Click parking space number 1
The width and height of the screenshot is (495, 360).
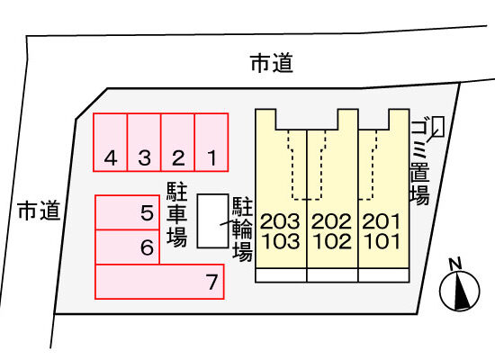click(211, 142)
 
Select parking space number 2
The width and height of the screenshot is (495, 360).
click(177, 142)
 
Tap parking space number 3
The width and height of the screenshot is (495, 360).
click(144, 142)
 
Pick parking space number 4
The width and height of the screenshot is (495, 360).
click(110, 142)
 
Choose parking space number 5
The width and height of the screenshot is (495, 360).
click(127, 212)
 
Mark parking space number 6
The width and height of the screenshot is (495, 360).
click(127, 247)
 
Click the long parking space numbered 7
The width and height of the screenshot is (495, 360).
click(159, 282)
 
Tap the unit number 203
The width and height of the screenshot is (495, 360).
click(280, 221)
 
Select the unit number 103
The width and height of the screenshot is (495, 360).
click(280, 241)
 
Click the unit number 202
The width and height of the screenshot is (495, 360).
click(331, 221)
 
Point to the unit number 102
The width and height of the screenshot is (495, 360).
click(332, 241)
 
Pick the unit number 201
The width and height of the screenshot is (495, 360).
click(382, 221)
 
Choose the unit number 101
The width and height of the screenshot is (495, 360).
click(382, 241)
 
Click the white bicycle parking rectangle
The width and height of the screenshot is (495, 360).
click(212, 220)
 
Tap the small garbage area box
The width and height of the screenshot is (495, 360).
click(439, 127)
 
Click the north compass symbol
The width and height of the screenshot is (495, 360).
click(460, 291)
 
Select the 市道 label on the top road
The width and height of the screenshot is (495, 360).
click(272, 64)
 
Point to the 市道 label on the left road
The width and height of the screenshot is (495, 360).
click(39, 211)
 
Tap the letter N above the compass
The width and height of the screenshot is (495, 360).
click(455, 264)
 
